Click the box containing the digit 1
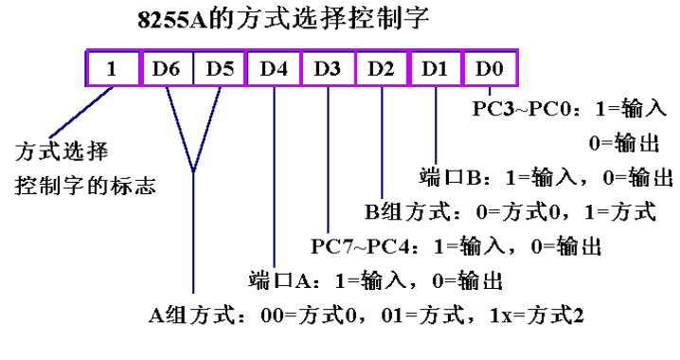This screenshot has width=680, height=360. (x=112, y=69)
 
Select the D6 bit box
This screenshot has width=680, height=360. (x=167, y=69)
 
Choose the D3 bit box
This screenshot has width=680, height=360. (x=328, y=69)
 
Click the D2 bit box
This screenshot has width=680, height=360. (x=382, y=69)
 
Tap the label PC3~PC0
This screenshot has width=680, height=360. (x=518, y=108)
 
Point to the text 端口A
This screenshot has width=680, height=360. (x=280, y=281)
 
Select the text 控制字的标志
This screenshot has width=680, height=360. (x=85, y=183)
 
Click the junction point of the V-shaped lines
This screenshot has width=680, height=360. (x=193, y=171)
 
